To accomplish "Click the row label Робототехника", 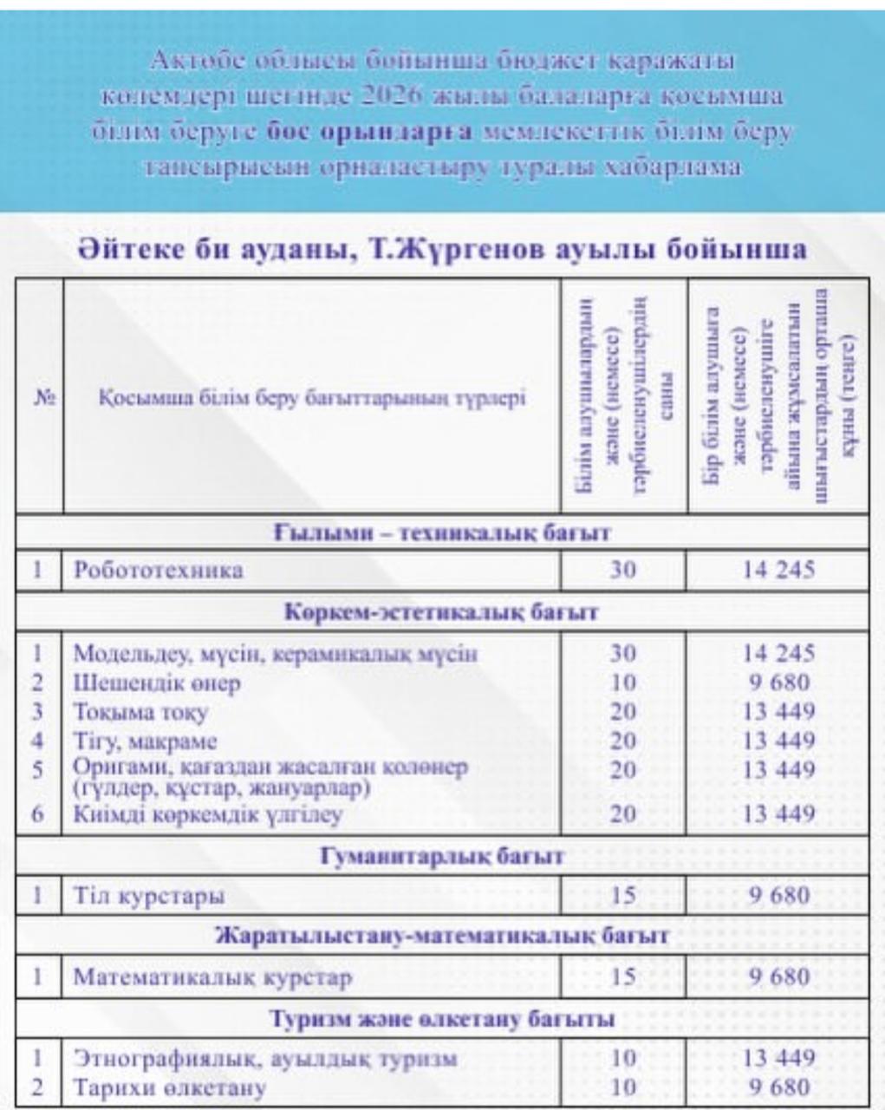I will pyautogui.click(x=158, y=571).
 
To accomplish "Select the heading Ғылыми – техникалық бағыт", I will pyautogui.click(x=442, y=532).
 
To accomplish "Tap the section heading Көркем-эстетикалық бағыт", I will pyautogui.click(x=442, y=612).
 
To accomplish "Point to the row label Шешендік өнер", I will pyautogui.click(x=157, y=683).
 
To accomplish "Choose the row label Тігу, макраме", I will pyautogui.click(x=145, y=742).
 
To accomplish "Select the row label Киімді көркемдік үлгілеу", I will pyautogui.click(x=207, y=815).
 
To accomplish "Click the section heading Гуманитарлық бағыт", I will pyautogui.click(x=442, y=857).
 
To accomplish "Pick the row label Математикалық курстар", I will pyautogui.click(x=212, y=978).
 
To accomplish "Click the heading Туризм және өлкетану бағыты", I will pyautogui.click(x=442, y=1019).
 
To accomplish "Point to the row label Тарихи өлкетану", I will pyautogui.click(x=170, y=1087).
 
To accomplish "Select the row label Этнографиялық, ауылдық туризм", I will pyautogui.click(x=264, y=1059).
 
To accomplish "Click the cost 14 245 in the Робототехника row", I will pyautogui.click(x=778, y=570).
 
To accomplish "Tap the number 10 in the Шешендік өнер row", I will pyautogui.click(x=623, y=683).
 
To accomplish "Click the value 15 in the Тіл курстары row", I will pyautogui.click(x=623, y=896).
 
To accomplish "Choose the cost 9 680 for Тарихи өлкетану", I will pyautogui.click(x=778, y=1087).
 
